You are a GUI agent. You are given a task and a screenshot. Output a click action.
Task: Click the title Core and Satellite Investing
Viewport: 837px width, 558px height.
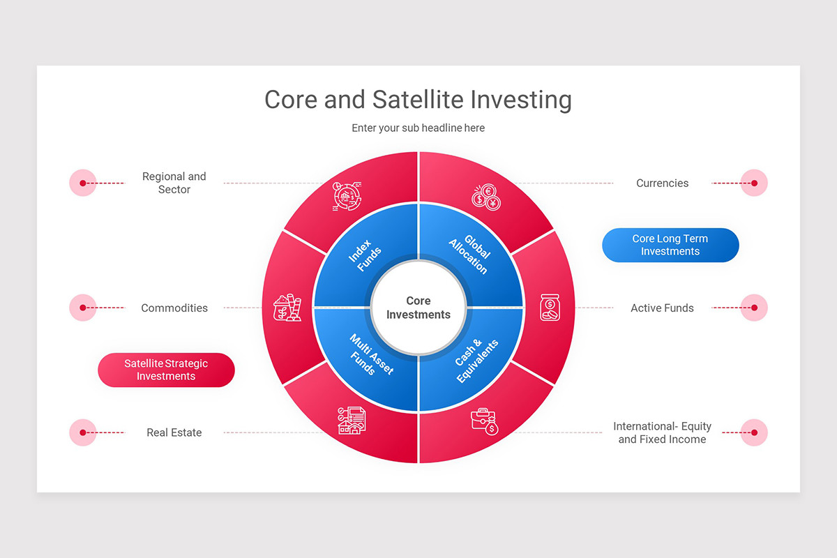[418, 100]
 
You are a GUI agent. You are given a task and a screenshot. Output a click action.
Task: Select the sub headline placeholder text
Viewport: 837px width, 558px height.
[418, 128]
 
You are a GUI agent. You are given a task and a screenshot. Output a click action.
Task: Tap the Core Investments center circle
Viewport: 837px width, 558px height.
[418, 308]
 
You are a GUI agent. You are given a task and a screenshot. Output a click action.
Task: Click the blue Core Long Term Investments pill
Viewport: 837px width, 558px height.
[670, 245]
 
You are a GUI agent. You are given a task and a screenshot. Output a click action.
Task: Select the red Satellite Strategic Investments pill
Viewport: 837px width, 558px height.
[166, 370]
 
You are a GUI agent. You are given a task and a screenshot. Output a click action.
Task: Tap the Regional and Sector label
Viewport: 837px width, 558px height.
[174, 183]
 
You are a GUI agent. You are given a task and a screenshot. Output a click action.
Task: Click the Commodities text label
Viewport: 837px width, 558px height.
[174, 308]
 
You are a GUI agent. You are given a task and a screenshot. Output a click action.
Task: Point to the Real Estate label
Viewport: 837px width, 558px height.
[174, 432]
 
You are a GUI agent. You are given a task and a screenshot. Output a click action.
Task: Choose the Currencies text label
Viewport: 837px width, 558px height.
[662, 183]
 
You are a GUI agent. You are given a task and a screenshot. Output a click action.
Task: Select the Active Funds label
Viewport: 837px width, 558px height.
[662, 308]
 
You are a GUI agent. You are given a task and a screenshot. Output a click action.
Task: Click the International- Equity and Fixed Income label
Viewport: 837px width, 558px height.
[662, 432]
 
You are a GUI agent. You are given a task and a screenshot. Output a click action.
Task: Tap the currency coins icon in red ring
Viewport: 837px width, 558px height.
[486, 197]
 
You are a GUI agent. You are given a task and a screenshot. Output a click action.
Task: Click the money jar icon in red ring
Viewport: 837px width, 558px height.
[550, 308]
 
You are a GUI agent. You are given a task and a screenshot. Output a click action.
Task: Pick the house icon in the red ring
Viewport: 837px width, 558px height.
[352, 421]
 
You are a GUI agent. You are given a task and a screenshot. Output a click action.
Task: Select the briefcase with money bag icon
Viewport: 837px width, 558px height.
[484, 421]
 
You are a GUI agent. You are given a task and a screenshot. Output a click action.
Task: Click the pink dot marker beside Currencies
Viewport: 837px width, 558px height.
[754, 183]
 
